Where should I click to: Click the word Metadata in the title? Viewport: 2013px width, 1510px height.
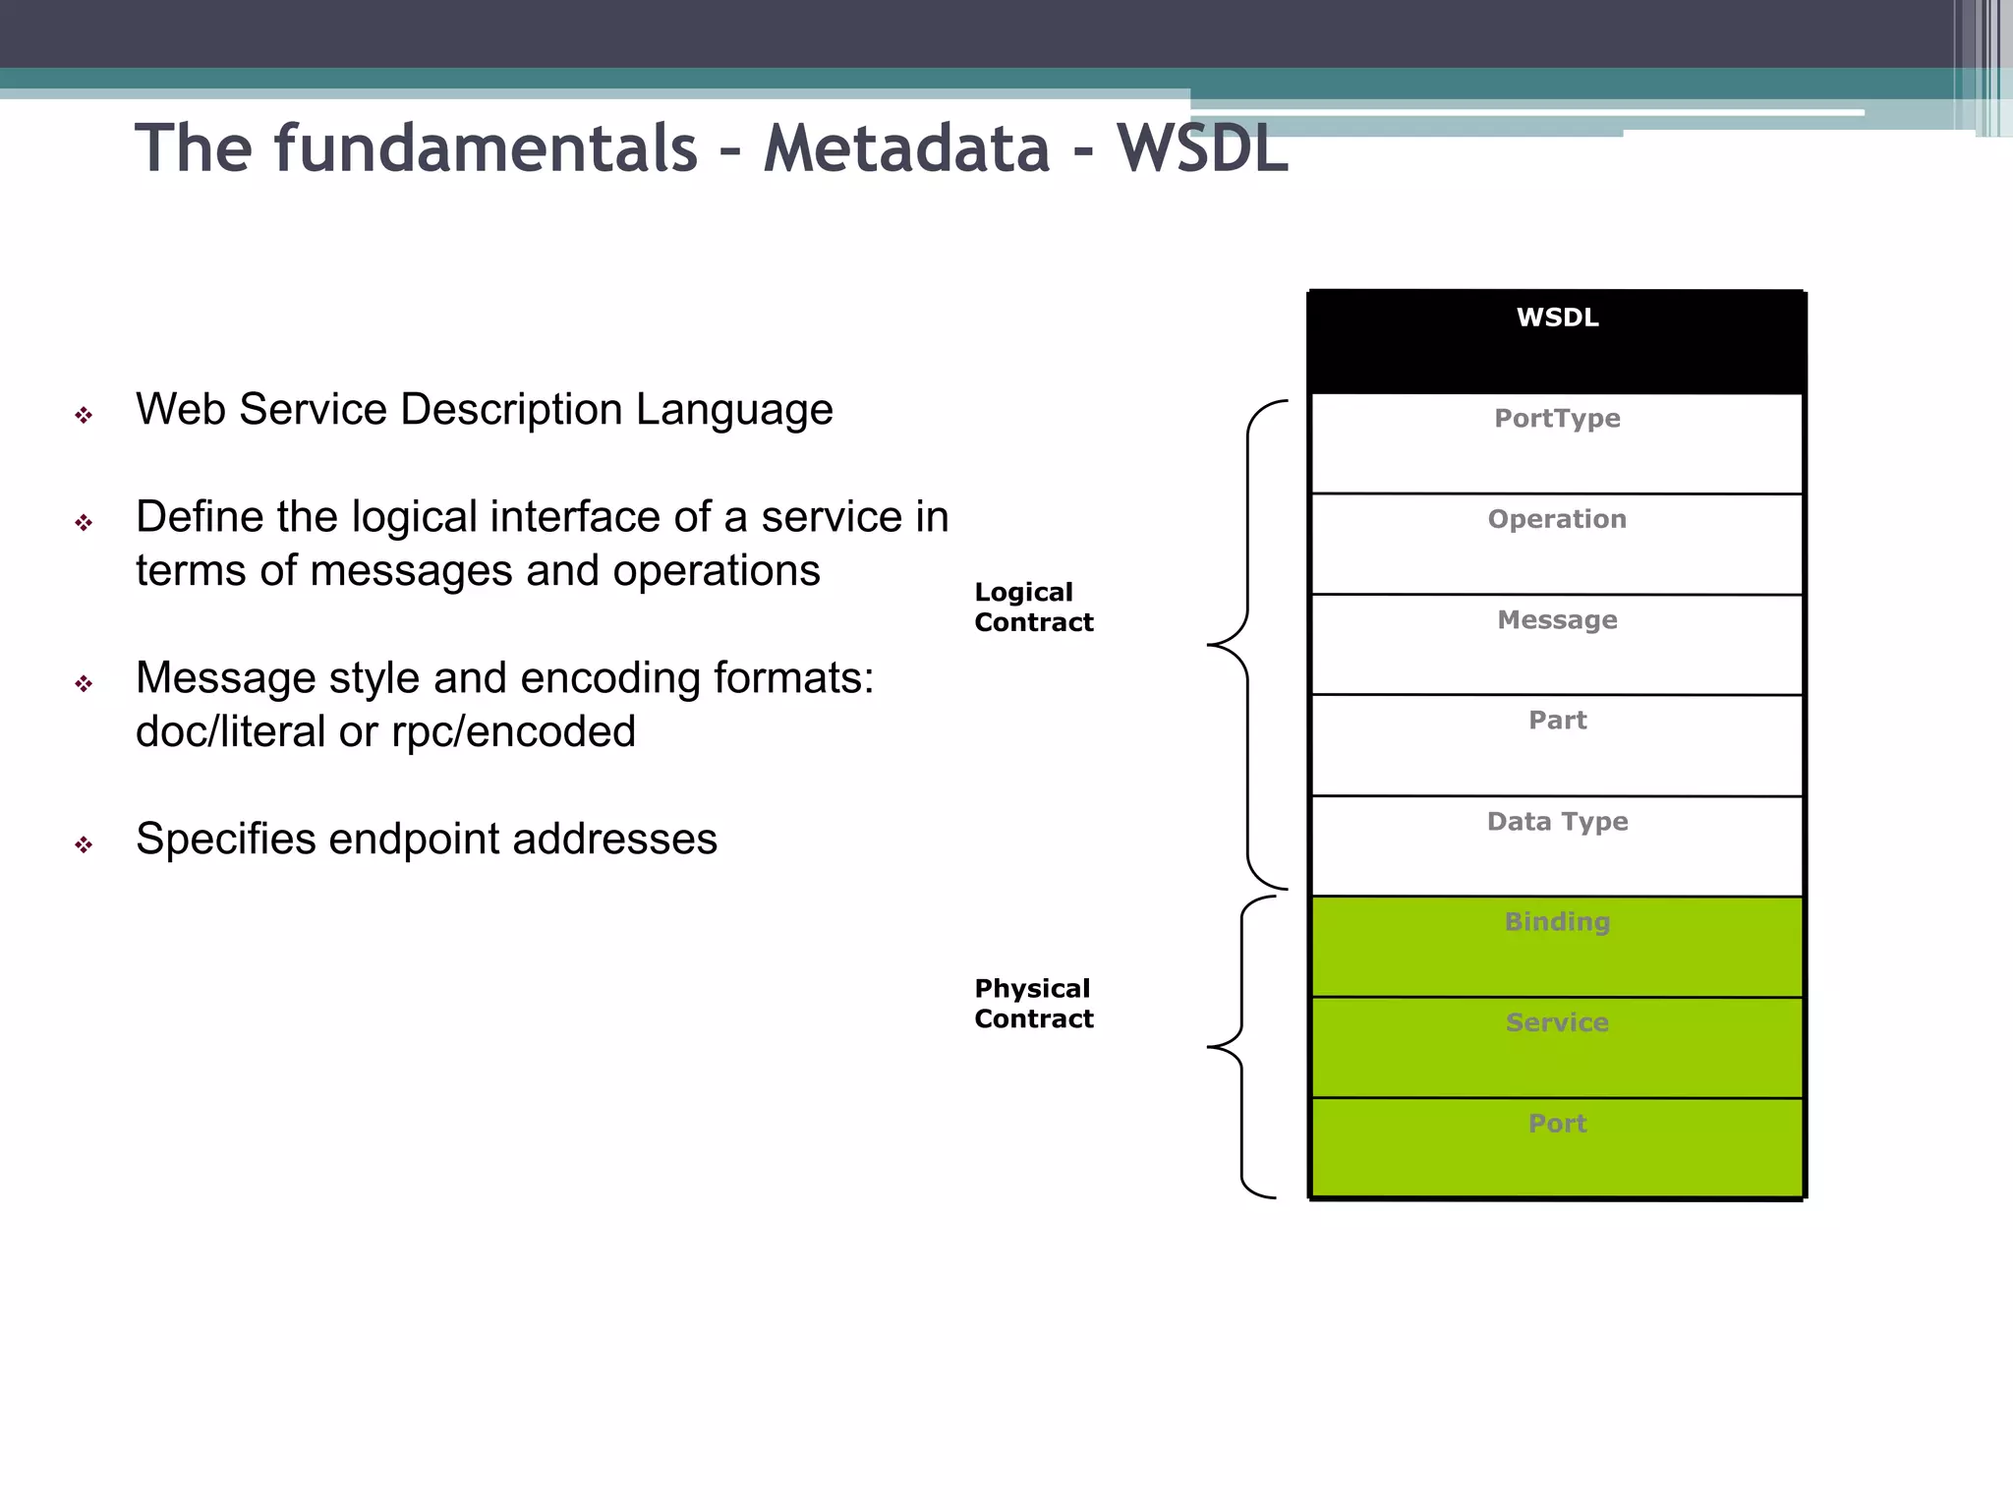[906, 149]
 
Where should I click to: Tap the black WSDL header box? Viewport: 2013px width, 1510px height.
[1557, 342]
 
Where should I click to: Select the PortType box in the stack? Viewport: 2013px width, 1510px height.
[1557, 443]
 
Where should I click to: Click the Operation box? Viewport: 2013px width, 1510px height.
[1557, 544]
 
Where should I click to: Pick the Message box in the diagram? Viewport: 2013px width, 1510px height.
[1557, 645]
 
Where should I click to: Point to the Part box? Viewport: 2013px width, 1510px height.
[1557, 745]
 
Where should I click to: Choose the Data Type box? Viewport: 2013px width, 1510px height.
[1557, 846]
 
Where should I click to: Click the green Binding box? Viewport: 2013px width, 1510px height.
[1557, 947]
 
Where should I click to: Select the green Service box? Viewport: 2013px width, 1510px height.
[1557, 1048]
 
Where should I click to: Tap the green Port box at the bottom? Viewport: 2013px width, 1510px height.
[1557, 1148]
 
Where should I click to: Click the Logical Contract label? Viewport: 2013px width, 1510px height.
[1032, 608]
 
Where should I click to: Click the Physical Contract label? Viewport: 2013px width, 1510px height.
[1032, 1004]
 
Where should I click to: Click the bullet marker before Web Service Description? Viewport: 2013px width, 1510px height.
[84, 416]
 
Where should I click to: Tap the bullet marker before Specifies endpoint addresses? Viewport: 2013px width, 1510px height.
[84, 844]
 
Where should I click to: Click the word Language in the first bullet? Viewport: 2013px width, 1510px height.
[734, 410]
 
